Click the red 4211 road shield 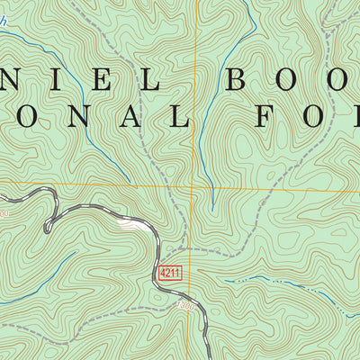pyautogui.click(x=168, y=272)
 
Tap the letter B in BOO pyautogui.click(x=240, y=80)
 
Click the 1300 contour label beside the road pyautogui.click(x=185, y=305)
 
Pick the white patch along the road pyautogui.click(x=131, y=225)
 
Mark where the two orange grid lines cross pyautogui.click(x=192, y=188)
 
